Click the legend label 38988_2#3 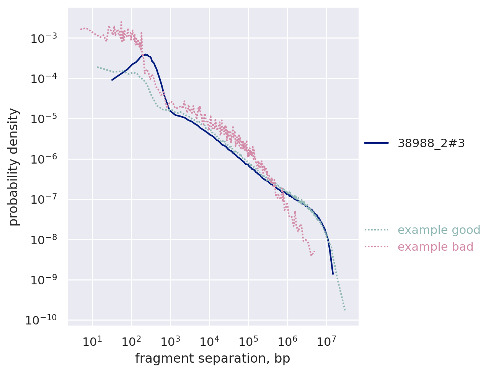pos(431,143)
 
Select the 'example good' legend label pos(439,230)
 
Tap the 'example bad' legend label pos(436,247)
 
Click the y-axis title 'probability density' pos(14,167)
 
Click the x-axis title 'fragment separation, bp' pos(212,358)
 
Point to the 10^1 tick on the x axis pos(92,341)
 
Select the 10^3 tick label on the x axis pos(170,341)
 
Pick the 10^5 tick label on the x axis pos(248,341)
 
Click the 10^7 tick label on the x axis pos(326,341)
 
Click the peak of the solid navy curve pos(145,55)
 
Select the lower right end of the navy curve pos(333,274)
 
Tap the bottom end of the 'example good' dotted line pos(345,310)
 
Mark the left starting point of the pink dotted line pos(80,29)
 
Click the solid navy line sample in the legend pos(376,143)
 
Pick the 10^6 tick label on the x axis pos(287,341)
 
